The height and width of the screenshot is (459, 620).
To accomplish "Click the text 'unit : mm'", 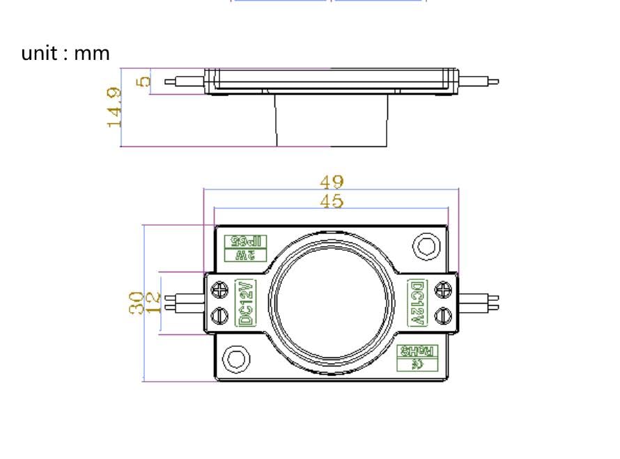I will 65,53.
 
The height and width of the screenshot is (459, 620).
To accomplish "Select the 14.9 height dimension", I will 114,107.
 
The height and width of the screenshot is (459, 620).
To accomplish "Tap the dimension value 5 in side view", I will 144,81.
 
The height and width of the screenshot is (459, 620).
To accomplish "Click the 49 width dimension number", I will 332,181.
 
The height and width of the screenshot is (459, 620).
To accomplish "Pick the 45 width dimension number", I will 332,201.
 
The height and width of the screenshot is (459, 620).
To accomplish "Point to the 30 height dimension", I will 137,303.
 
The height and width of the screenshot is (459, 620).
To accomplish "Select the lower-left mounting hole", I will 235,359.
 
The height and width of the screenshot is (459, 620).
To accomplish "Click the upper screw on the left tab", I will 220,289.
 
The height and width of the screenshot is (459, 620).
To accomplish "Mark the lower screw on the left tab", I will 220,315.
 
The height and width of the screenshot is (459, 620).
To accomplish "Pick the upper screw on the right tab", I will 442,289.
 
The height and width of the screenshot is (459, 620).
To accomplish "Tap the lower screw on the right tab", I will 442,316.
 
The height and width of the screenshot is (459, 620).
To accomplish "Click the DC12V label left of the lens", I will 245,303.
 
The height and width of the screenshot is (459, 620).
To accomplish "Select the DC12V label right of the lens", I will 417,303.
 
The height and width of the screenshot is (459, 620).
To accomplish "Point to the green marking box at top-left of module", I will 245,248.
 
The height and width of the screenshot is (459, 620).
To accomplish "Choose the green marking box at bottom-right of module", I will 417,357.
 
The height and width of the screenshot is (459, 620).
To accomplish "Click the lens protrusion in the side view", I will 331,120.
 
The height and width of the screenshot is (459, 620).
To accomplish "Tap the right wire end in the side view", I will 493,81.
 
